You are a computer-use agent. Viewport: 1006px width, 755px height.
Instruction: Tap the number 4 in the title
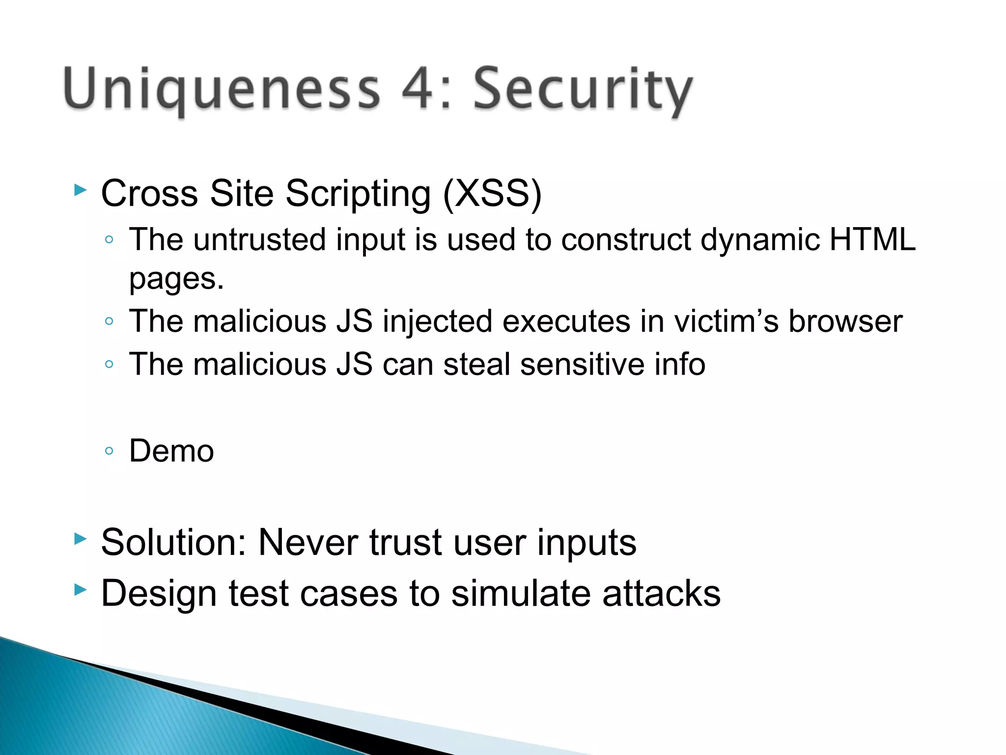click(x=420, y=88)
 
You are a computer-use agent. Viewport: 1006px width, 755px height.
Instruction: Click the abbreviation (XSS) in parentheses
click(x=492, y=193)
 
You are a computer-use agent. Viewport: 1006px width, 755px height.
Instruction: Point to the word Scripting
click(x=358, y=194)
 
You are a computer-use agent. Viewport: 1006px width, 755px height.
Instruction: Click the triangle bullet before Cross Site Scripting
click(x=80, y=190)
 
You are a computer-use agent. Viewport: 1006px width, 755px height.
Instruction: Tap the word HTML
click(x=872, y=239)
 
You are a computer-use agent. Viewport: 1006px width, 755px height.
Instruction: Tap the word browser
click(x=845, y=321)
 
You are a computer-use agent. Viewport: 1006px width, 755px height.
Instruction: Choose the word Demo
click(x=171, y=451)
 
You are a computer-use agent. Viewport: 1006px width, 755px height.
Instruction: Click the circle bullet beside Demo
click(x=109, y=451)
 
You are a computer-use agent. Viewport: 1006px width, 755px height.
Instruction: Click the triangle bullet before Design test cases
click(x=80, y=589)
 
